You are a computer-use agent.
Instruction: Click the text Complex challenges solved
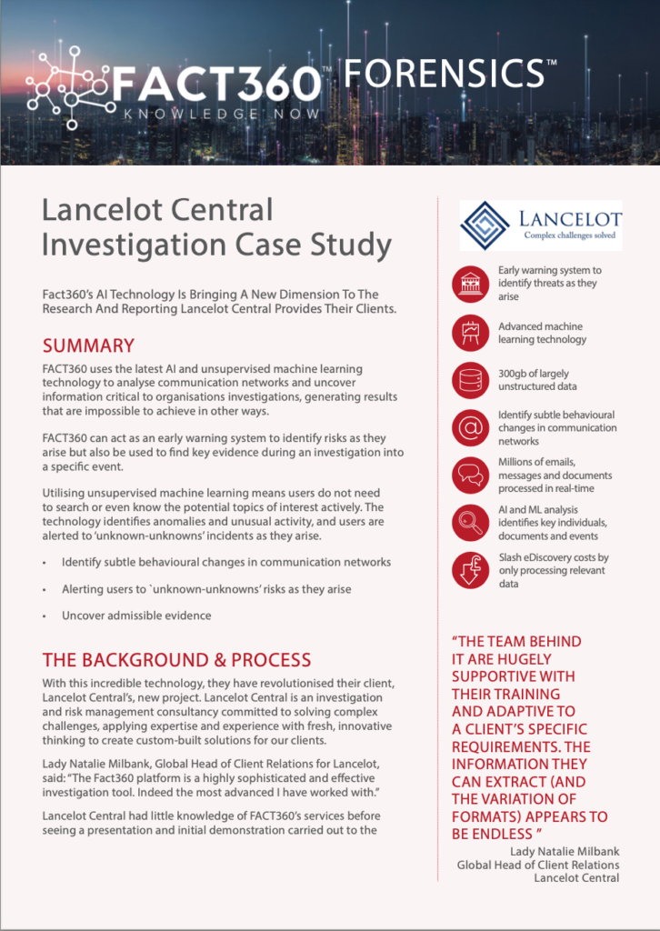coord(570,235)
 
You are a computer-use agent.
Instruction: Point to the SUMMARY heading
coord(88,345)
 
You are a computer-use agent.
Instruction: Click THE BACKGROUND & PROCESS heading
coord(176,660)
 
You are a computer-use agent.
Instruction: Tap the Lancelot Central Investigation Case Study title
coord(216,227)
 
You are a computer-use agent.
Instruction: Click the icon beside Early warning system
coord(470,284)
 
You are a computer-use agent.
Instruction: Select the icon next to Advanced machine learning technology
coord(470,333)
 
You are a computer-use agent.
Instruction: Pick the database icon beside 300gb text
coord(470,380)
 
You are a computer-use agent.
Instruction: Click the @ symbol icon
coord(470,427)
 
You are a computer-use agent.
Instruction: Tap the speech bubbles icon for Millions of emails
coord(470,476)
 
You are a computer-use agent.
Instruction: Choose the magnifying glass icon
coord(470,524)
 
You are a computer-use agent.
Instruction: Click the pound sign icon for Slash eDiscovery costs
coord(470,571)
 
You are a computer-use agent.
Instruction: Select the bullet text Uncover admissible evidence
coord(136,616)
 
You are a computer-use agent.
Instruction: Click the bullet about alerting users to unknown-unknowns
coord(205,589)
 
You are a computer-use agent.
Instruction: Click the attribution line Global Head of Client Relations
coord(538,865)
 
